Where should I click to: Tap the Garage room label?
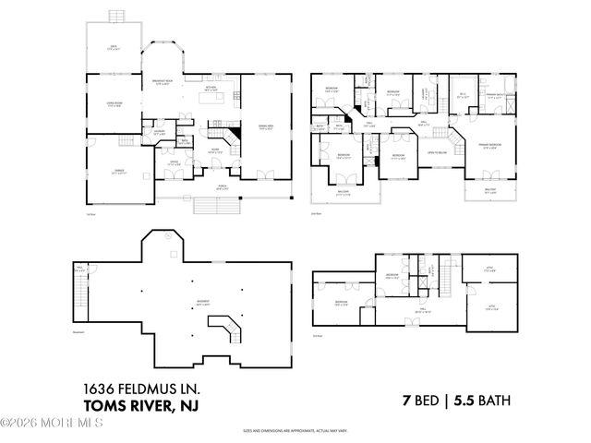pos(118,173)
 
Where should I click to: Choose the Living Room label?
pos(115,104)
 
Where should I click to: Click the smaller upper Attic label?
pos(490,270)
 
